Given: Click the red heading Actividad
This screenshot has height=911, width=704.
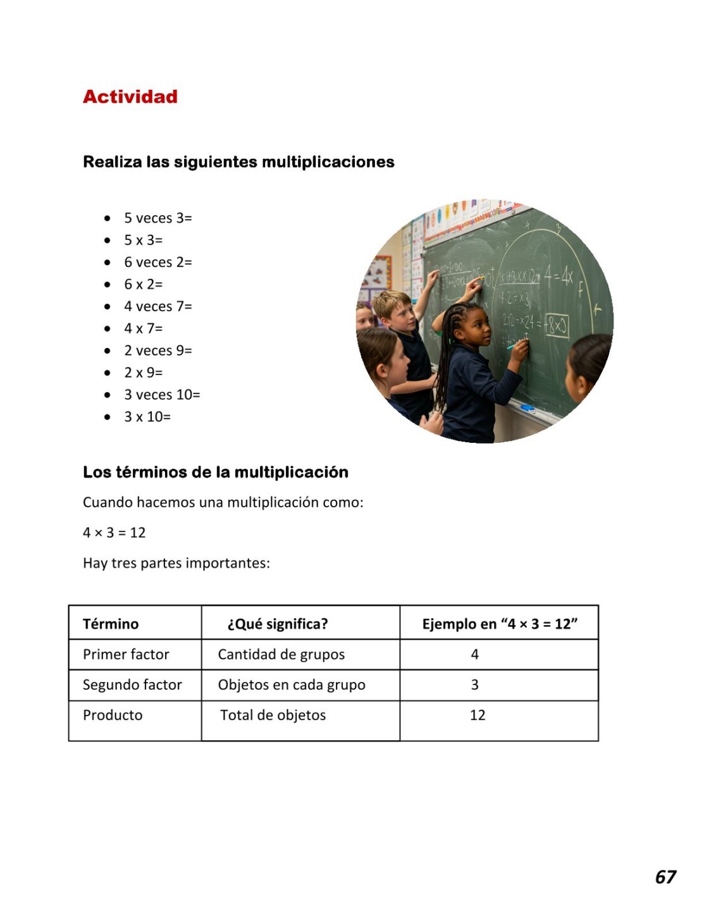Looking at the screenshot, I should click(130, 97).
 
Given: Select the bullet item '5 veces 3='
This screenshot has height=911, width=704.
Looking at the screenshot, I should click(157, 218).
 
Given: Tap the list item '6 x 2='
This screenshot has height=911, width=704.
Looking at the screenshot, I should click(143, 285).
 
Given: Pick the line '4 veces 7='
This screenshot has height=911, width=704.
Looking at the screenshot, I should click(157, 307).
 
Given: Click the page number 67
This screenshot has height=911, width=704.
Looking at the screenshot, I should click(665, 877).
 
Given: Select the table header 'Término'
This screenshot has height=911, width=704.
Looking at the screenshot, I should click(111, 624).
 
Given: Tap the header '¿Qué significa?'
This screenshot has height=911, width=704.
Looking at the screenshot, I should click(278, 624).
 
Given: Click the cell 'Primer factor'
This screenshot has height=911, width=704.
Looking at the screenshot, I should click(126, 655).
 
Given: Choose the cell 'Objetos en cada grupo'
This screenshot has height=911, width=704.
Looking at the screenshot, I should click(292, 685).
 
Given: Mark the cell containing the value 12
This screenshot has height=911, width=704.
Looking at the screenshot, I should click(478, 716).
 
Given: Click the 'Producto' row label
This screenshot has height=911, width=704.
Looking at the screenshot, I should click(113, 716).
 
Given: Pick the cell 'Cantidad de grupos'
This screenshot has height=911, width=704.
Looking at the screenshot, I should click(281, 655).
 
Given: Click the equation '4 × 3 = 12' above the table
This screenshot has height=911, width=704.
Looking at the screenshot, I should click(114, 533).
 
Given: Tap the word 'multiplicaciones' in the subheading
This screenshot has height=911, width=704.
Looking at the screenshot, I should click(328, 162).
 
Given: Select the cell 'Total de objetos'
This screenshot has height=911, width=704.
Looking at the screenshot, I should click(273, 716).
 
